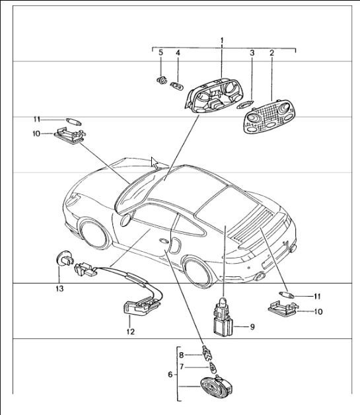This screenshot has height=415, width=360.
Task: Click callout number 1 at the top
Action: coord(223,41)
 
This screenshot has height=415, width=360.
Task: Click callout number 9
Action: coord(253,326)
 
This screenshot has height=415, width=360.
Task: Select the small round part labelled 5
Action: coord(159,83)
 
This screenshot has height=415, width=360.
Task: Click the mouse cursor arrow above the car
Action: coord(155,163)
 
